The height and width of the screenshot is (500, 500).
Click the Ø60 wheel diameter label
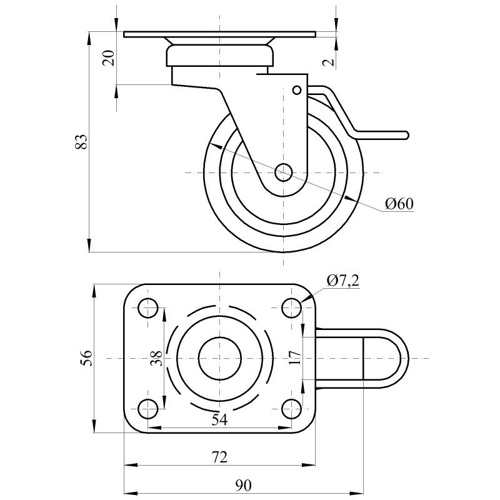[x=399, y=204]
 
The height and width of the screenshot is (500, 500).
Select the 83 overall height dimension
[x=80, y=141]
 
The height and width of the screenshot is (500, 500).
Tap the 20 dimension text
[x=109, y=58]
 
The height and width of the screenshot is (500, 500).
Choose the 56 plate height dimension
[x=87, y=357]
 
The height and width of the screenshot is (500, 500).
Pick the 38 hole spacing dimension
[x=157, y=357]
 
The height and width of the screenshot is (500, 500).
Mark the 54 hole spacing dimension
[x=219, y=420]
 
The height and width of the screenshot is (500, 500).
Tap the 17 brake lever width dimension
[x=296, y=357]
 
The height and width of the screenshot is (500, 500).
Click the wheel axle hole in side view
[x=283, y=171]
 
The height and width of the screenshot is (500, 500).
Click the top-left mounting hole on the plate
[x=148, y=307]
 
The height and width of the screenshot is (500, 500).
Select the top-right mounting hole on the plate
[x=291, y=307]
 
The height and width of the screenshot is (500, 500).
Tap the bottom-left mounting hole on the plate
[x=148, y=409]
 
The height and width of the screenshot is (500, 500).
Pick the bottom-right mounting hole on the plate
[x=291, y=409]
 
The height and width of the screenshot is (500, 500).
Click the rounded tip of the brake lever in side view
[x=404, y=135]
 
